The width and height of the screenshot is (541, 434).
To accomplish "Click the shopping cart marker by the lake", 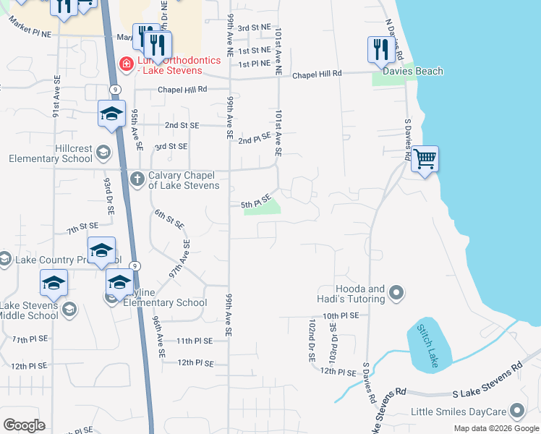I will coord(425,158).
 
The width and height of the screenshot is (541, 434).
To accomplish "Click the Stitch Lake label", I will coord(426,346).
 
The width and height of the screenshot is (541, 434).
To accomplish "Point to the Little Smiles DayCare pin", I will coord(516,412).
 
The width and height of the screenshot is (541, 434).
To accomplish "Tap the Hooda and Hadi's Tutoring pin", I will coord(396,293).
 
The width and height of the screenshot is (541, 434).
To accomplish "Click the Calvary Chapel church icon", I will coord(137,177).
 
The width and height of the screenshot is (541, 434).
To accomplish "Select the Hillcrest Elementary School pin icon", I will coord(103,152).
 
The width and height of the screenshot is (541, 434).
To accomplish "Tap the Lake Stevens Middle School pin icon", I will coord(69,310).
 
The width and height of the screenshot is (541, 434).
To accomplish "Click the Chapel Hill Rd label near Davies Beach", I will coord(317,75).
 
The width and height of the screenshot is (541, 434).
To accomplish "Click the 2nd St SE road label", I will coord(182,125).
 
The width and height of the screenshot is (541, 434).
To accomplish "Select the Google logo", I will coord(24,425).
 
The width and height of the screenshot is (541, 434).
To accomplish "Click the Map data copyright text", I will coord(495,428).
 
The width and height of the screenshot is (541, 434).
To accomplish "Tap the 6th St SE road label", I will coord(164,218).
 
